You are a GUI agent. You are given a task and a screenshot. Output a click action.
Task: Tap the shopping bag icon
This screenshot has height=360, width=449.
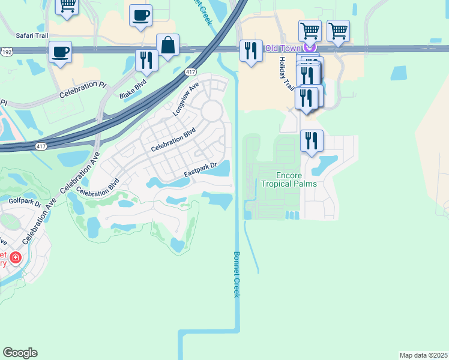pyautogui.click(x=167, y=45)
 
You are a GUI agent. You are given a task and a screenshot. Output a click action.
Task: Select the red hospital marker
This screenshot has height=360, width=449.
pyautogui.click(x=15, y=259)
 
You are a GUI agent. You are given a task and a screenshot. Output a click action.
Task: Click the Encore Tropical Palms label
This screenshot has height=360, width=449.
pyautogui.click(x=289, y=179)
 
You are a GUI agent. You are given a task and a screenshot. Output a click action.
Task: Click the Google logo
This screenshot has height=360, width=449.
pyautogui.click(x=20, y=353)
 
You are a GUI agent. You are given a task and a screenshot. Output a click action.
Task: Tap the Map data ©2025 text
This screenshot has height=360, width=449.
pyautogui.click(x=423, y=355)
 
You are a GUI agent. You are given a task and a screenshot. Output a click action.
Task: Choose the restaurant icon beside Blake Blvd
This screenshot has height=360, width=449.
pyautogui.click(x=146, y=60)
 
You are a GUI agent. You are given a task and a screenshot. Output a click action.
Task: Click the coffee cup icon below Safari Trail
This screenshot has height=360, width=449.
pyautogui.click(x=60, y=52)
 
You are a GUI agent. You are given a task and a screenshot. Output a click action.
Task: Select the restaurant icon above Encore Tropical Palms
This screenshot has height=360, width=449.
pyautogui.click(x=312, y=140)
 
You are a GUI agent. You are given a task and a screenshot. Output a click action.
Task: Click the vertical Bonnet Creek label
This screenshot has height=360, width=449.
pyautogui.click(x=237, y=274)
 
